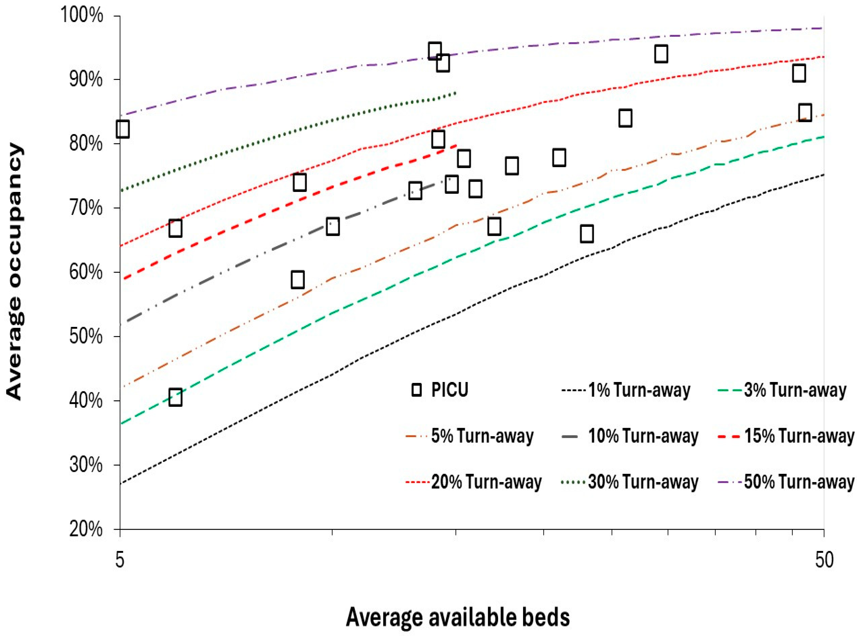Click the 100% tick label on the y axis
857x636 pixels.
(82, 15)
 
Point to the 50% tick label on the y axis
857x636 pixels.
(86, 337)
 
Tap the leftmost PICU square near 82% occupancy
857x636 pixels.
(123, 129)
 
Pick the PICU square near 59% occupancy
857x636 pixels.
(298, 280)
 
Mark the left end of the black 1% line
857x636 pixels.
(121, 484)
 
